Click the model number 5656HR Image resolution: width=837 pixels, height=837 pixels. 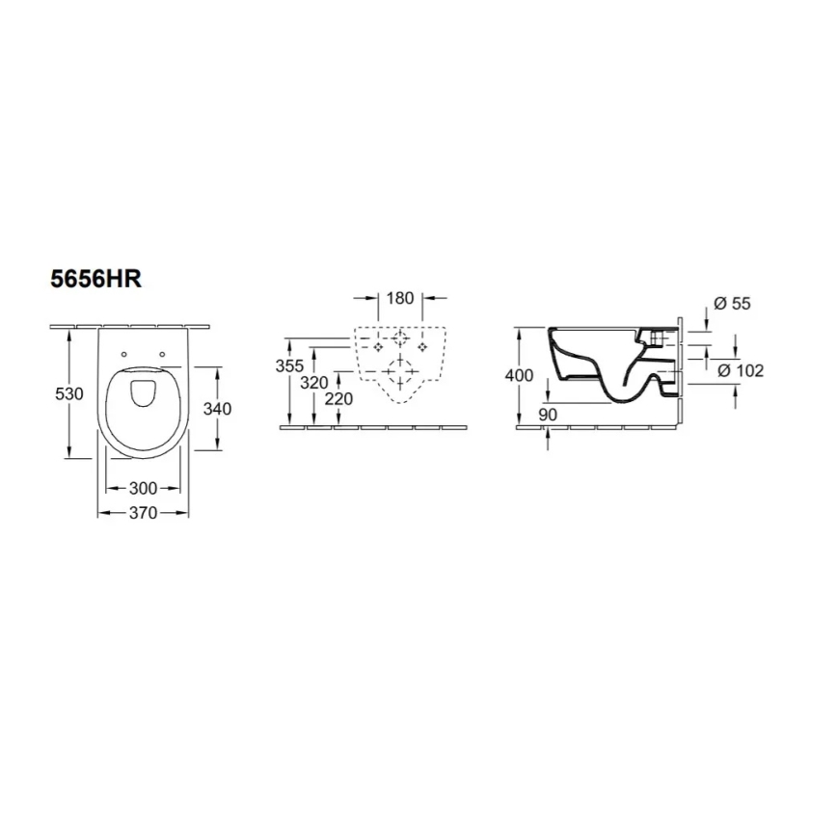[x=96, y=280]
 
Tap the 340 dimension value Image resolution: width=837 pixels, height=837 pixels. [x=218, y=408]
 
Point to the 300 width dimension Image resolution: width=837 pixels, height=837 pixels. [x=143, y=489]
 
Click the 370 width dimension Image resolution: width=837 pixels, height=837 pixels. [x=143, y=513]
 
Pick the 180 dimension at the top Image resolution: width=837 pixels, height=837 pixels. [x=400, y=298]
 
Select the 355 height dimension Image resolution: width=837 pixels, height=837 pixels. [x=289, y=365]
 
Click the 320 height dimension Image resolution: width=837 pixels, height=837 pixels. [x=314, y=382]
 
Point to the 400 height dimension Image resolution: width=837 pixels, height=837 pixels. [x=519, y=375]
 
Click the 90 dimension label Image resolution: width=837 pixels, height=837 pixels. [x=548, y=414]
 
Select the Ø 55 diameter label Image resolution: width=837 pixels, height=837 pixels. [x=734, y=304]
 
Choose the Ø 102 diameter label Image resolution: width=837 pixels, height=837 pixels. [x=741, y=370]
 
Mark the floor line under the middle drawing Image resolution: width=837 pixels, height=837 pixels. [x=376, y=425]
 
